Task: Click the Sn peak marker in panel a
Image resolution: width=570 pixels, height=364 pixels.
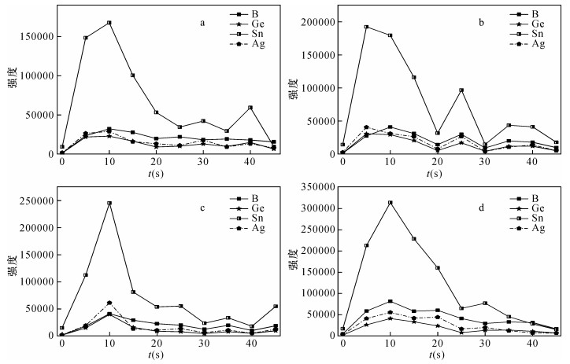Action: point(109,23)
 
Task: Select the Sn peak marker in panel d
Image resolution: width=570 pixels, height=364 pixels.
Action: point(390,203)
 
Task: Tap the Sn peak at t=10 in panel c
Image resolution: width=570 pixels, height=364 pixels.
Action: point(109,203)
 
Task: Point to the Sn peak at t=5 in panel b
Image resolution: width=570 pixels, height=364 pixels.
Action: point(366,27)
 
